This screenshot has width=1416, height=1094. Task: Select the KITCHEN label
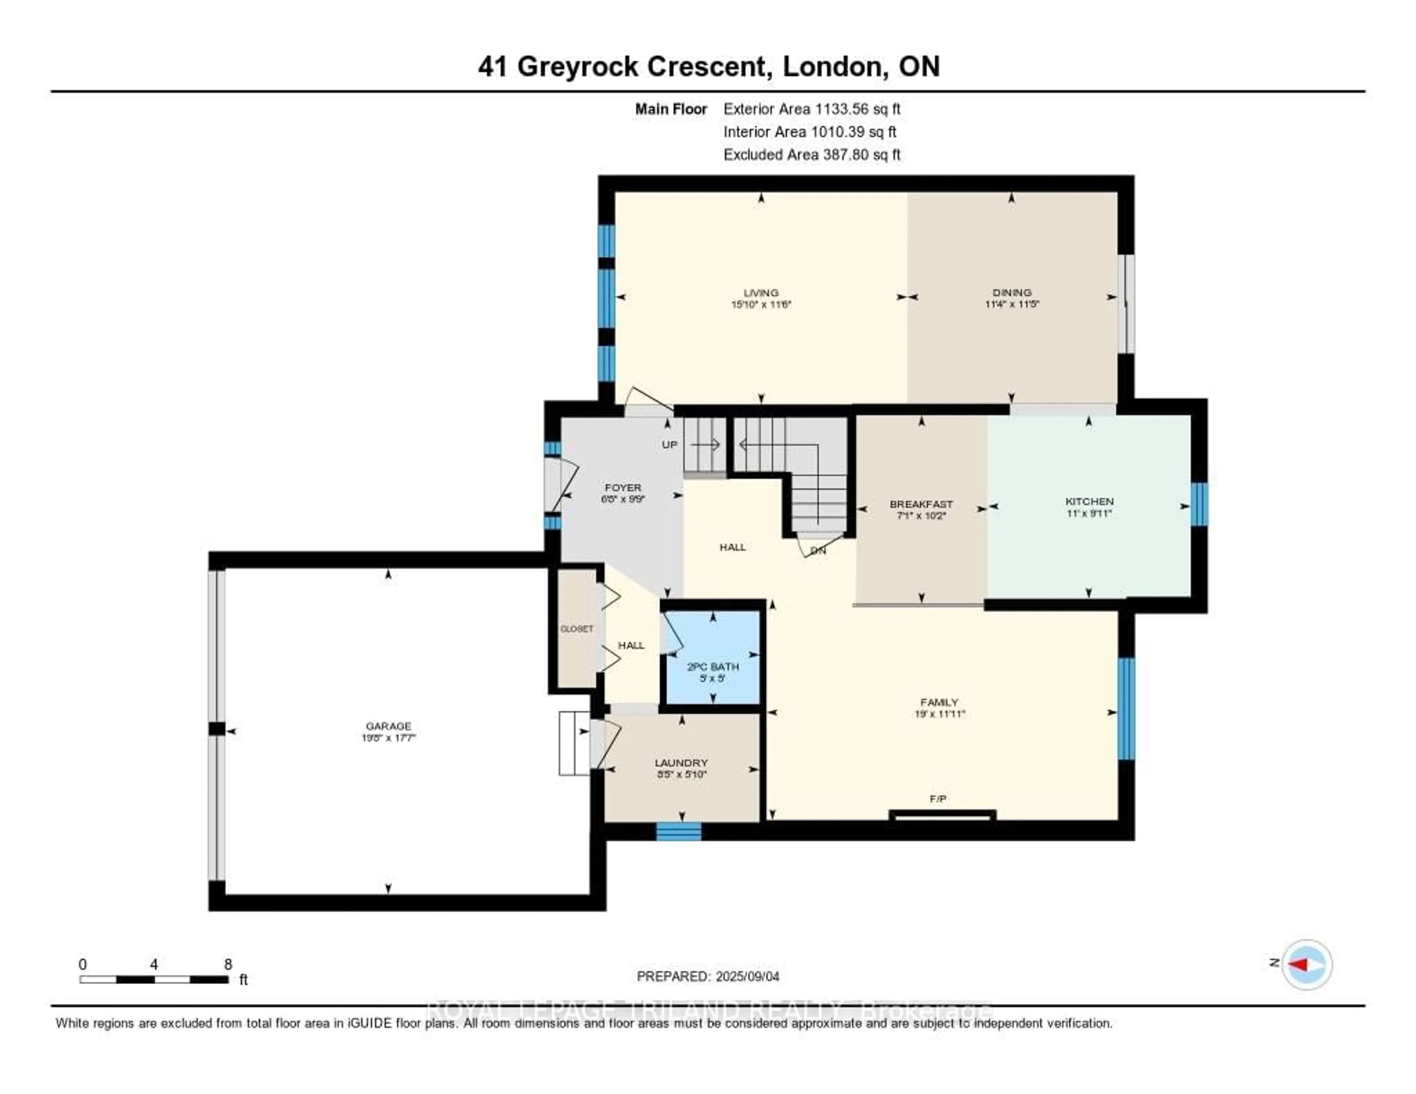(1089, 501)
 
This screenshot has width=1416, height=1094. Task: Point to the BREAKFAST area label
(921, 504)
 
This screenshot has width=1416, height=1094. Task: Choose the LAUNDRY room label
(681, 763)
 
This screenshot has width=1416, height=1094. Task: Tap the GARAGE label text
(388, 726)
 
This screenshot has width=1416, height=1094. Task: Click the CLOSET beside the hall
(576, 629)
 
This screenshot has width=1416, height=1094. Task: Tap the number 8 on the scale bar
(228, 964)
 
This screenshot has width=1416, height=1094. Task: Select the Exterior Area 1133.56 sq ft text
(812, 109)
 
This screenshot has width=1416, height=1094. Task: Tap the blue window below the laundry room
(678, 831)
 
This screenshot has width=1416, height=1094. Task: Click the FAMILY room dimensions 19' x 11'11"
(939, 714)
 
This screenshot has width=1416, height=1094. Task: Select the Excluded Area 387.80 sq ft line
(812, 154)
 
